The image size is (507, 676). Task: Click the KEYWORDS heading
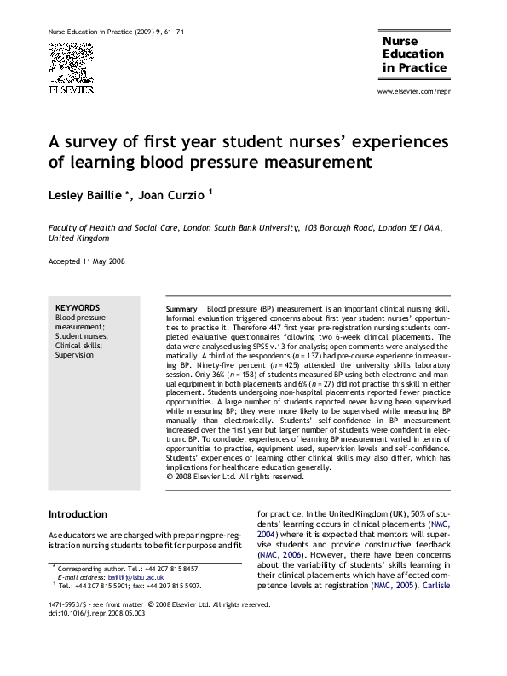(x=78, y=308)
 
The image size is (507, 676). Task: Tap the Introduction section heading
(x=78, y=514)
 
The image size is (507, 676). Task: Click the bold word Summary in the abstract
(x=181, y=307)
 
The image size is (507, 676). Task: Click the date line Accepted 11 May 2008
(x=87, y=261)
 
